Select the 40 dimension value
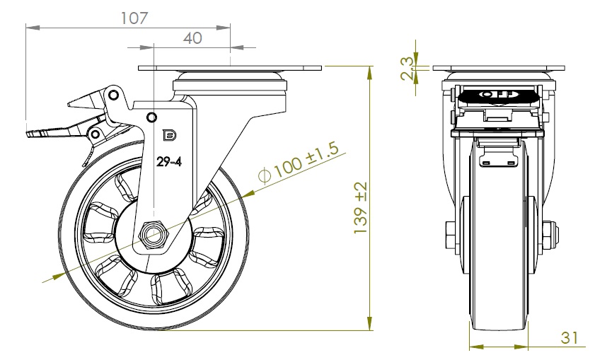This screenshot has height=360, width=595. click(192, 38)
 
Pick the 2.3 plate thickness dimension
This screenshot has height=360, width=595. click(407, 69)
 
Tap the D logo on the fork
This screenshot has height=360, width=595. click(169, 136)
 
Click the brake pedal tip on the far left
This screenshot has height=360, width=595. click(32, 134)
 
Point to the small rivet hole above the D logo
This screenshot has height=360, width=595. click(151, 117)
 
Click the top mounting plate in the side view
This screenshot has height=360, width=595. click(230, 69)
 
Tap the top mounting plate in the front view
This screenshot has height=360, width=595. click(498, 69)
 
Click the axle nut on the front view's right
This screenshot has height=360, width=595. click(550, 234)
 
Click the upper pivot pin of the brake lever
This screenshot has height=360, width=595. click(112, 95)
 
